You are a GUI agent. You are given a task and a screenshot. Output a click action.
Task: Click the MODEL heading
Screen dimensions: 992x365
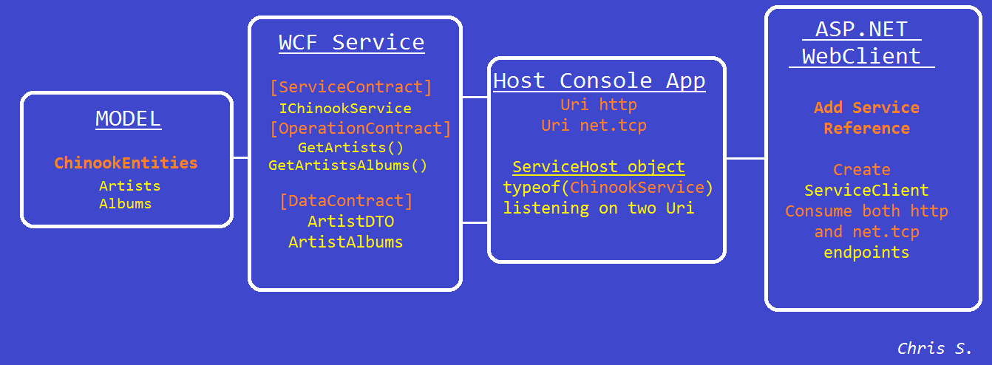pyautogui.click(x=129, y=119)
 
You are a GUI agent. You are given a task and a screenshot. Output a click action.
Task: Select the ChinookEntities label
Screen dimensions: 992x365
pyautogui.click(x=126, y=163)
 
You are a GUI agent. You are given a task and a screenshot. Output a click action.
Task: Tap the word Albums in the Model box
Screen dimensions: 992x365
pyautogui.click(x=126, y=203)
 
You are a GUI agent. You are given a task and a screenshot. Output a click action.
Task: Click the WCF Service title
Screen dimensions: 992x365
pyautogui.click(x=352, y=43)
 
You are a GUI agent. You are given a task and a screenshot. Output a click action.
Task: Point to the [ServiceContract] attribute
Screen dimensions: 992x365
pyautogui.click(x=350, y=87)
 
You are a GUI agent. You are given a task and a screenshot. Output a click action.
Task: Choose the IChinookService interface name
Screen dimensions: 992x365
pyautogui.click(x=345, y=109)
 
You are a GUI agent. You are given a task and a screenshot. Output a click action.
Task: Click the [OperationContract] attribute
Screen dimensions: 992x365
pyautogui.click(x=361, y=129)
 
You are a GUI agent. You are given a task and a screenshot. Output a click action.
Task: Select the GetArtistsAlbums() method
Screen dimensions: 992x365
pyautogui.click(x=347, y=166)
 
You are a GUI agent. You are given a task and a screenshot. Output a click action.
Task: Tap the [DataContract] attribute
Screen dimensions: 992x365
pyautogui.click(x=347, y=201)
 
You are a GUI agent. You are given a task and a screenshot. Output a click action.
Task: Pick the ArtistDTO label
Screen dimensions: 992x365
pyautogui.click(x=350, y=221)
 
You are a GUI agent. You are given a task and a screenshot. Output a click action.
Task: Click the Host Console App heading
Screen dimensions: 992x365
pyautogui.click(x=599, y=81)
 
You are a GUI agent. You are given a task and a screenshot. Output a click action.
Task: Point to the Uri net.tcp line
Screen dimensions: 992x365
pyautogui.click(x=594, y=126)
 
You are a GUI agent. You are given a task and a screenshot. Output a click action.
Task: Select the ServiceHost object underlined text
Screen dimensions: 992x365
pyautogui.click(x=598, y=167)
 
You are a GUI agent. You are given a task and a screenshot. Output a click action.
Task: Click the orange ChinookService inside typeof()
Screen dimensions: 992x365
pyautogui.click(x=637, y=187)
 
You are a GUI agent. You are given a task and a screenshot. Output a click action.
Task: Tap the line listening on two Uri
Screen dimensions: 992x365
pyautogui.click(x=598, y=208)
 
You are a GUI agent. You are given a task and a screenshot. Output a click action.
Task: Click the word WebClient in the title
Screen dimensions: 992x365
pyautogui.click(x=861, y=57)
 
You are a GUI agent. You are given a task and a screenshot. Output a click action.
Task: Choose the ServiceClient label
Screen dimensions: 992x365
pyautogui.click(x=866, y=190)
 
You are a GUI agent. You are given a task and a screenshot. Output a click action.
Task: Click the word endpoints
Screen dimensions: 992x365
pyautogui.click(x=866, y=253)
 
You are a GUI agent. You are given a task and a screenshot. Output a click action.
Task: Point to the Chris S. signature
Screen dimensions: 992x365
pyautogui.click(x=934, y=349)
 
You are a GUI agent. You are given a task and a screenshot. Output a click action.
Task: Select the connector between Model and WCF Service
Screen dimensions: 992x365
pyautogui.click(x=240, y=157)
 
